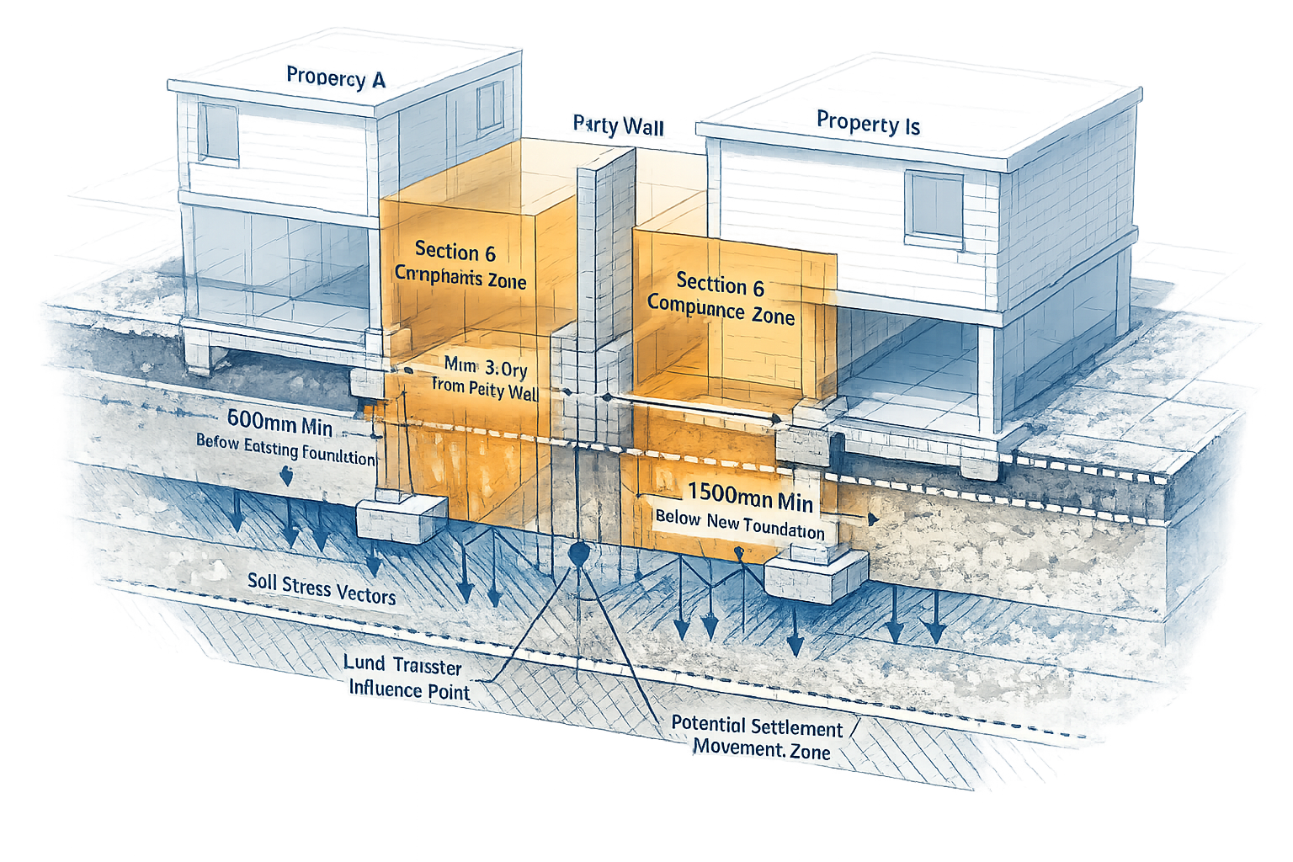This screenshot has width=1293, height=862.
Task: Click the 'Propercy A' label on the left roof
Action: click(335, 77)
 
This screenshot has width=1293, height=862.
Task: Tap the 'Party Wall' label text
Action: click(619, 125)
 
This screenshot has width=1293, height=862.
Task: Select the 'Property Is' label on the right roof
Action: click(868, 123)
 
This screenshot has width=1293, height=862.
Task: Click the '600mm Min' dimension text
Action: click(279, 423)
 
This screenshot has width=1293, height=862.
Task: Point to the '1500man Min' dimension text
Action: click(750, 498)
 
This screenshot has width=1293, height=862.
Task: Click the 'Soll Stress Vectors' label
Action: click(322, 588)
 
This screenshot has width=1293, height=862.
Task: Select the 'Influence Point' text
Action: click(409, 689)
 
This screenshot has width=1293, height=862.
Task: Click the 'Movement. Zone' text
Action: click(762, 748)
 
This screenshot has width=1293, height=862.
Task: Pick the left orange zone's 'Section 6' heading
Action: click(455, 251)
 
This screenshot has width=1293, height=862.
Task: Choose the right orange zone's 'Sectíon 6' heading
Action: click(720, 285)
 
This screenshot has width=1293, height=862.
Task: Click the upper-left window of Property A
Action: click(219, 133)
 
